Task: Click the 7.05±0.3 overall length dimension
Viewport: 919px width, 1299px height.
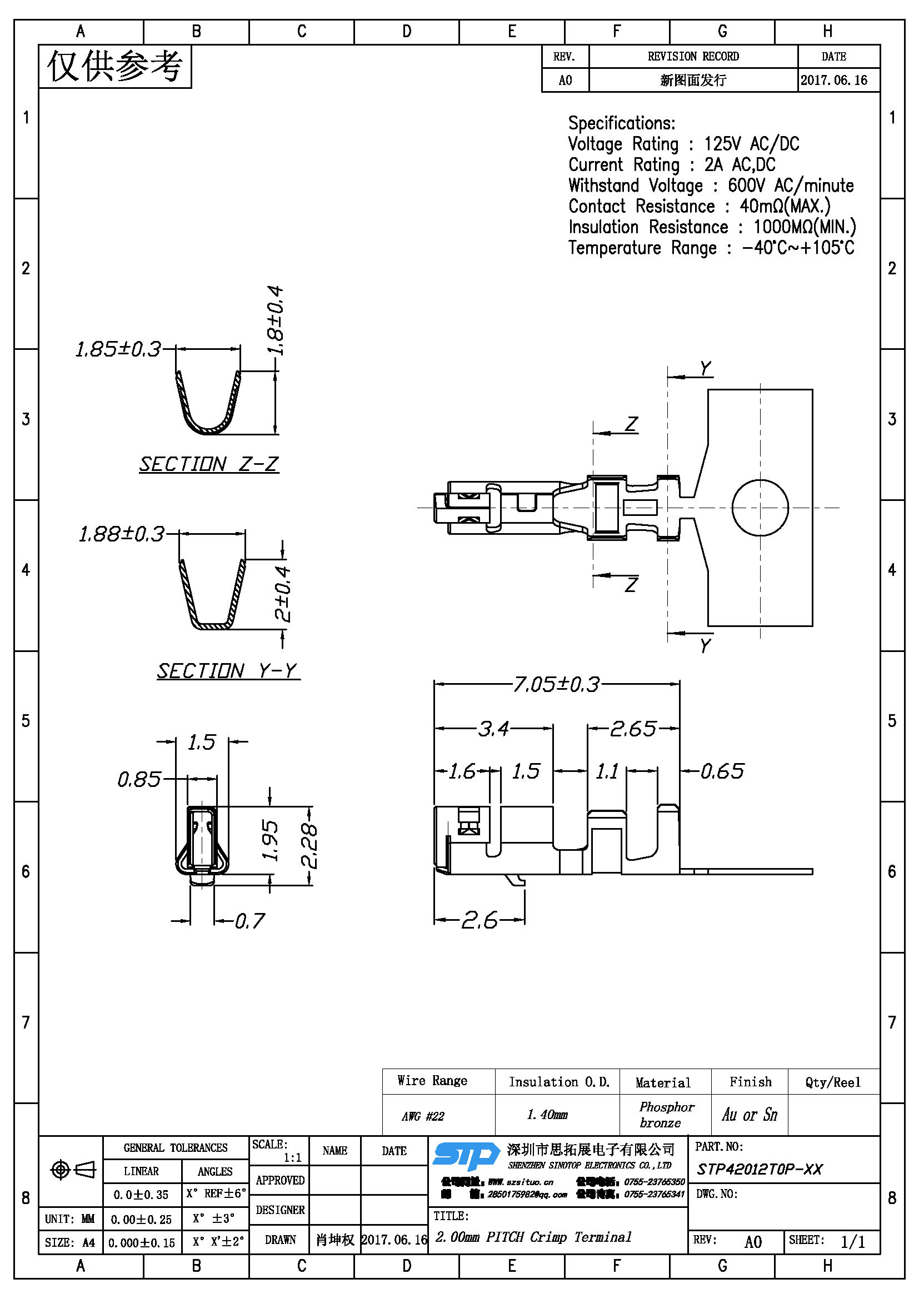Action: pyautogui.click(x=556, y=685)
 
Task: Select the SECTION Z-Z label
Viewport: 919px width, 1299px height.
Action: pyautogui.click(x=209, y=464)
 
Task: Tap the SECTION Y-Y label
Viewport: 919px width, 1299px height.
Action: pyautogui.click(x=227, y=671)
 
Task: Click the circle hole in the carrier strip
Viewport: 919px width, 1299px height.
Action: pyautogui.click(x=760, y=508)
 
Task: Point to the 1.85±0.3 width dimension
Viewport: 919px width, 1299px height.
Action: pyautogui.click(x=118, y=349)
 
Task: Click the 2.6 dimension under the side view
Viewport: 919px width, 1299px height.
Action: pyautogui.click(x=480, y=920)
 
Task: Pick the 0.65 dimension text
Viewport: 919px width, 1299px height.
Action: pyautogui.click(x=722, y=771)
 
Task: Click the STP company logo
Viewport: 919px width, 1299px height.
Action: pyautogui.click(x=466, y=1156)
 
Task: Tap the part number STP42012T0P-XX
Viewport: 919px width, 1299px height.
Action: pyautogui.click(x=760, y=1170)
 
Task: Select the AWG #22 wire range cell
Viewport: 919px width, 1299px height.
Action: pyautogui.click(x=423, y=1116)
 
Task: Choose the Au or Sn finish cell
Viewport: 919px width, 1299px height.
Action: pyautogui.click(x=749, y=1115)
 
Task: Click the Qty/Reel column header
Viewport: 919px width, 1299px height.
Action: pyautogui.click(x=832, y=1082)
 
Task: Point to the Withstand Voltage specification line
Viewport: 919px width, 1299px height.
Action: pyautogui.click(x=711, y=185)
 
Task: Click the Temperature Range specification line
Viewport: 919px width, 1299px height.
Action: pyautogui.click(x=711, y=248)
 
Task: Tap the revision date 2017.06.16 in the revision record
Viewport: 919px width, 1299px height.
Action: pyautogui.click(x=833, y=81)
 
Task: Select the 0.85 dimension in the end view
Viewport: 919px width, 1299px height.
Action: pyautogui.click(x=139, y=780)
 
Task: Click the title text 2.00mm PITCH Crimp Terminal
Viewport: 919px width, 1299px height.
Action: pyautogui.click(x=533, y=1237)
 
